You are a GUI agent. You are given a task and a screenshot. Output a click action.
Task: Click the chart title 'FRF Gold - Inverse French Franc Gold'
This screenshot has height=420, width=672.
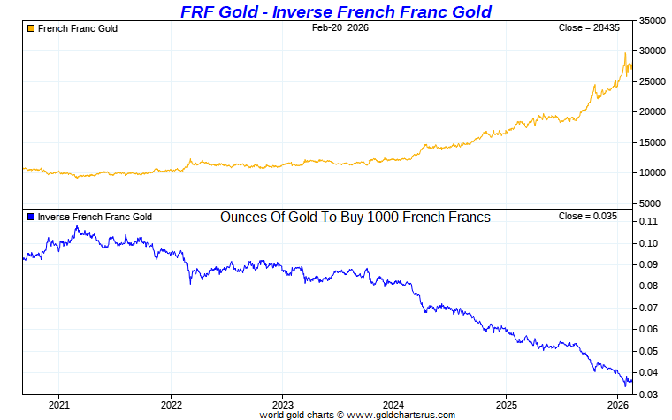pyautogui.click(x=335, y=11)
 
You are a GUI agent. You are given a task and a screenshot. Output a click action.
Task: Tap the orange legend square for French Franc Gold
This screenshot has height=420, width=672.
pyautogui.click(x=30, y=28)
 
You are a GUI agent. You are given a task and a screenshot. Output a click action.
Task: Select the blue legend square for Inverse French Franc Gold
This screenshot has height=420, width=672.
pyautogui.click(x=30, y=217)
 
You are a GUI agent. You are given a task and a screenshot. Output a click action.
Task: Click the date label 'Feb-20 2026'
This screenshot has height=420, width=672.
pyautogui.click(x=340, y=28)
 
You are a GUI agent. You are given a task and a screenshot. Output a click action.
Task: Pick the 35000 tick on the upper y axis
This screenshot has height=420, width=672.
pyautogui.click(x=653, y=20)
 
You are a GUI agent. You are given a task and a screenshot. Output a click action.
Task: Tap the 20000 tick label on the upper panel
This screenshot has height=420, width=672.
pyautogui.click(x=653, y=112)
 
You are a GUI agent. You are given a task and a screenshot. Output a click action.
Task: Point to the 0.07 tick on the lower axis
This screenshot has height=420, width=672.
pyautogui.click(x=648, y=308)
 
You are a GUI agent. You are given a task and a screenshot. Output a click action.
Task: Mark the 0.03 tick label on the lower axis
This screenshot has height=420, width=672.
pyautogui.click(x=648, y=393)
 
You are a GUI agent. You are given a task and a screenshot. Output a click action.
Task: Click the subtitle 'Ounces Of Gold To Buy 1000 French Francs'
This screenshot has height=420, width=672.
pyautogui.click(x=355, y=217)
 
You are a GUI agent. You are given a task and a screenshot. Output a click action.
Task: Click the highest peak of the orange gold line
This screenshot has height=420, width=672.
pyautogui.click(x=626, y=54)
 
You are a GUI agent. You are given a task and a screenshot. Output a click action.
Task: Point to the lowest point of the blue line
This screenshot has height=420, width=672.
pyautogui.click(x=626, y=386)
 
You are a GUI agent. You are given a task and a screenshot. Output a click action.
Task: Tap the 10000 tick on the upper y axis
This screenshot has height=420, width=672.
pyautogui.click(x=653, y=173)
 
